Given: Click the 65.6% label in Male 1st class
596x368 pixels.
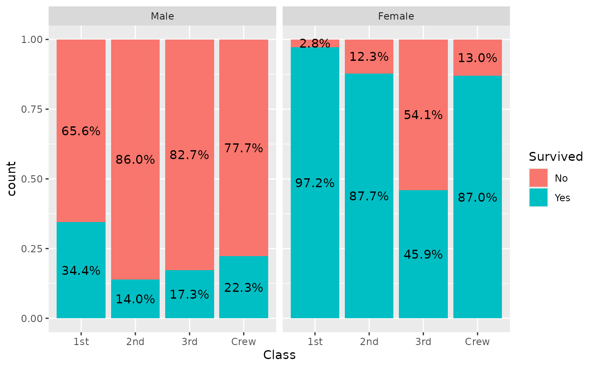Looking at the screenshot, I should [81, 131].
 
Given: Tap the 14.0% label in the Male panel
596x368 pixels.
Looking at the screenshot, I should [135, 299].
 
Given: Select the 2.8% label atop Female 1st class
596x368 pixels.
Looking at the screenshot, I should [315, 43].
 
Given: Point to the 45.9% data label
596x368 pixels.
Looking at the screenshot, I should [423, 254].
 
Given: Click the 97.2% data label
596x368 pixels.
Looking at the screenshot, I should [315, 183].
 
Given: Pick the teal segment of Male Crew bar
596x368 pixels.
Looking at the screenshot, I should [244, 306].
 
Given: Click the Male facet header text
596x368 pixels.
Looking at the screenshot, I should [162, 17].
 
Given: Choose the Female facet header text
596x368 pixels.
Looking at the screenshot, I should [396, 17].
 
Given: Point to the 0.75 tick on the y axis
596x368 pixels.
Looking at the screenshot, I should [33, 109].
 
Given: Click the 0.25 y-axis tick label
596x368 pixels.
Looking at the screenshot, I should [33, 248].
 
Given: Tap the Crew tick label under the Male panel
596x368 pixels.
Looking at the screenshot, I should [244, 342].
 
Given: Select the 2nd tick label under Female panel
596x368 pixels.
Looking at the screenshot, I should [369, 342].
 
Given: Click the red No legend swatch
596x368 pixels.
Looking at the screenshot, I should [539, 178].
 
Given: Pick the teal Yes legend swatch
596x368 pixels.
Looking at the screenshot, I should [539, 197].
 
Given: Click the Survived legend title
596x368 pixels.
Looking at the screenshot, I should [556, 157].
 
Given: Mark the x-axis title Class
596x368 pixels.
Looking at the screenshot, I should [279, 355].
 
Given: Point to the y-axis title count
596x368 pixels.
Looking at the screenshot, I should [11, 179].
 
